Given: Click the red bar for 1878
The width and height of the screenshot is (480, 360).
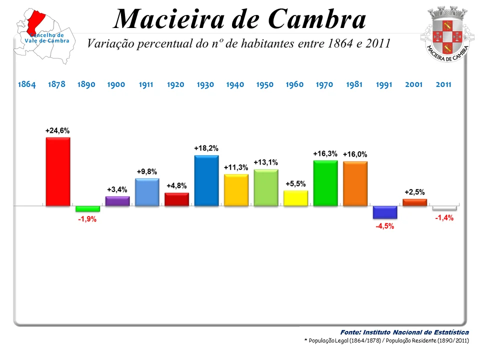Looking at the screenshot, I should [58, 171].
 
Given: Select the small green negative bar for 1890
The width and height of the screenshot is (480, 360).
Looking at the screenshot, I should [87, 209].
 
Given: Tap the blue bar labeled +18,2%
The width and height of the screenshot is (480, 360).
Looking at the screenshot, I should [206, 180].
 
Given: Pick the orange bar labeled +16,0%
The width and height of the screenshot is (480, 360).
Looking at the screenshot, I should [355, 183].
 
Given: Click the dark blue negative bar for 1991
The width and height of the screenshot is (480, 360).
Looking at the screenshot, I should [385, 212].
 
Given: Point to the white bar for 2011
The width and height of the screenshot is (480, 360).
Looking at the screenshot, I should [444, 208].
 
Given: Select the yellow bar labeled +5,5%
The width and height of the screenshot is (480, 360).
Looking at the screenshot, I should [295, 198].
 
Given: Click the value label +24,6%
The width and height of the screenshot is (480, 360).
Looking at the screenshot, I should [57, 130].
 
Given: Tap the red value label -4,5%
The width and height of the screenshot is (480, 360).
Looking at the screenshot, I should [385, 226].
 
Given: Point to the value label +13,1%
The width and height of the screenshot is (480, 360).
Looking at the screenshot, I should [265, 162].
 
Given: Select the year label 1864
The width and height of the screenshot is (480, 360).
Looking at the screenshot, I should [27, 84].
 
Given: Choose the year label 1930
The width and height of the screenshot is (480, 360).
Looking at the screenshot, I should [205, 84].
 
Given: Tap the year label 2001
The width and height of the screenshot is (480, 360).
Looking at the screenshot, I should [413, 84].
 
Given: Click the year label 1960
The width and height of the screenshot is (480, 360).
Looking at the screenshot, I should [294, 84].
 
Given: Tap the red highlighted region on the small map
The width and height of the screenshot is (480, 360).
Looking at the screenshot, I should [36, 20].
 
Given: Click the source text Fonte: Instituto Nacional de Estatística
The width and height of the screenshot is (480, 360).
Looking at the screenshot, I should [404, 332].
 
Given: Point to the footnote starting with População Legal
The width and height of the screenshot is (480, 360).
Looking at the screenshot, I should [386, 340].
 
